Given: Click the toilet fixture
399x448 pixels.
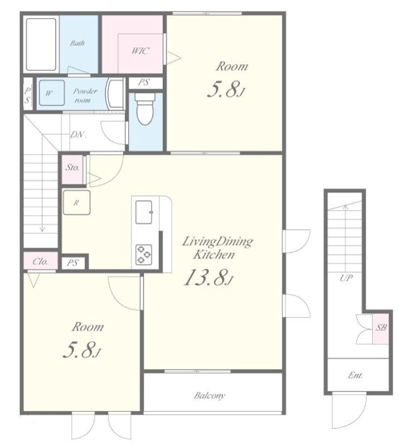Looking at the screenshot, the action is click(x=145, y=108).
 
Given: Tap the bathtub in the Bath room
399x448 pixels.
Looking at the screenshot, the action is click(x=41, y=44).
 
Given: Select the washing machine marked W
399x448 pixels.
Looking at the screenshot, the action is click(x=52, y=93).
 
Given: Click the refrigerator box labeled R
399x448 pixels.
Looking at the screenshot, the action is click(x=76, y=202).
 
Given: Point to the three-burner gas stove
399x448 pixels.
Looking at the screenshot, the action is click(x=143, y=254).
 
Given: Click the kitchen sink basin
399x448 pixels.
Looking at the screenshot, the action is click(x=143, y=212).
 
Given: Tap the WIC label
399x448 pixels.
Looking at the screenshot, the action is click(x=140, y=51).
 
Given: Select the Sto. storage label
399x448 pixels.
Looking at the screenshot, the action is click(x=72, y=167).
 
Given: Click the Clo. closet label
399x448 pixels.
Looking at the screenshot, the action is click(x=40, y=261).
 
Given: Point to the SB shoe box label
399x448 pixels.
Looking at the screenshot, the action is click(x=381, y=328).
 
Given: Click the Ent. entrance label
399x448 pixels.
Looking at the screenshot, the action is click(x=355, y=375).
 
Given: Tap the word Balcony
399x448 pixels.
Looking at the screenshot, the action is click(x=209, y=395).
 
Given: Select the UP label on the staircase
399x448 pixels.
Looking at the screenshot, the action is click(x=346, y=278).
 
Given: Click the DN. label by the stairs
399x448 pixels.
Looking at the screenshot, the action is click(x=78, y=135).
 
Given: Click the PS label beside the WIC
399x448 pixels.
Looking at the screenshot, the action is click(x=143, y=83).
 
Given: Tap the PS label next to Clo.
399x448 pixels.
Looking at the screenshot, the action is click(x=72, y=262).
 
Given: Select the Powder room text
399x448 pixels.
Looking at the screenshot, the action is click(x=85, y=96).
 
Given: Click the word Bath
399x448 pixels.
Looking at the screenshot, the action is click(x=77, y=43).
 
